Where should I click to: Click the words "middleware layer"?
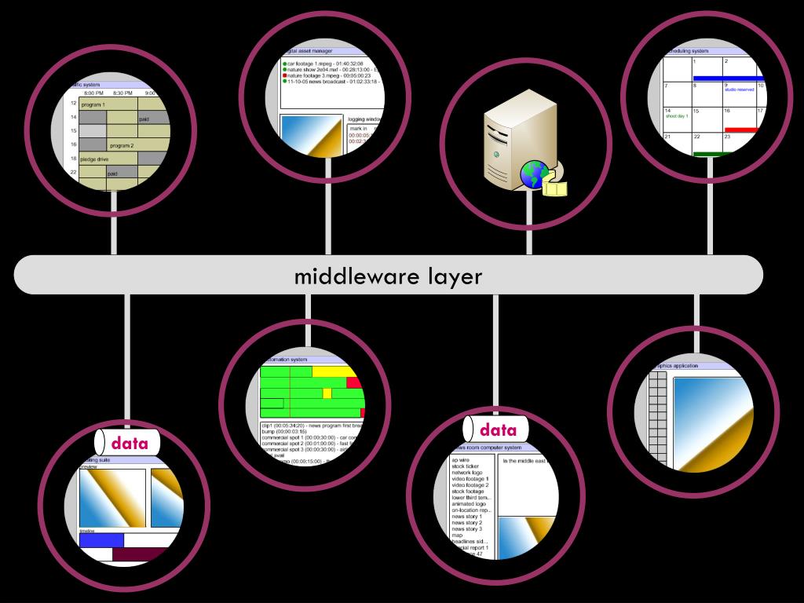click(x=388, y=276)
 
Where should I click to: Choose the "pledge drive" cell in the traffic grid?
click(x=95, y=159)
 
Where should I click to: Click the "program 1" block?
click(x=92, y=104)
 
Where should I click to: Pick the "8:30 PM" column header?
click(x=122, y=93)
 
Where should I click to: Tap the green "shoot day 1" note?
click(x=676, y=116)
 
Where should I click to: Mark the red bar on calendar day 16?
click(x=740, y=130)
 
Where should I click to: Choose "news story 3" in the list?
click(x=466, y=529)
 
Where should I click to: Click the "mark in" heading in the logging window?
click(x=358, y=128)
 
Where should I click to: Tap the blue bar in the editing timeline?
click(x=101, y=539)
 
